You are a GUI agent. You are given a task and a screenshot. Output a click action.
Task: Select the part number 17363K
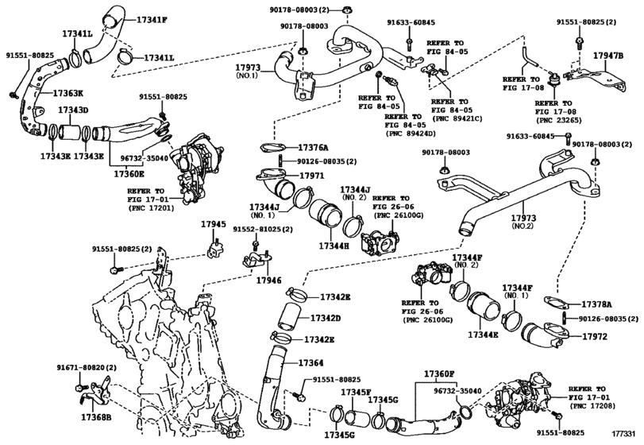67,93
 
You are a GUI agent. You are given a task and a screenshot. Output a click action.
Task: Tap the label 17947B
608,56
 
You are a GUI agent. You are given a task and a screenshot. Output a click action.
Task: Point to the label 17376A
314,147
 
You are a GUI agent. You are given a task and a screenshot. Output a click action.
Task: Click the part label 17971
312,176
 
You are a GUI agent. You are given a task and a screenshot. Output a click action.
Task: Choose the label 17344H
334,246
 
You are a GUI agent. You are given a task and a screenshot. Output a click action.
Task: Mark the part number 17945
214,224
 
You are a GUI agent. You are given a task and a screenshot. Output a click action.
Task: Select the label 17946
269,281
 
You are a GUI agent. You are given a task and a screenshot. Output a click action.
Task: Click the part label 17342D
326,318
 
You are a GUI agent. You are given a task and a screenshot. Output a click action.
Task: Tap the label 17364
311,363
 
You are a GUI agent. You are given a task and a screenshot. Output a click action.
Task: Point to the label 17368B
96,418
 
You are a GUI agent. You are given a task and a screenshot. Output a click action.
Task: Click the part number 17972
595,336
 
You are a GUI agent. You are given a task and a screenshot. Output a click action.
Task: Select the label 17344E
483,335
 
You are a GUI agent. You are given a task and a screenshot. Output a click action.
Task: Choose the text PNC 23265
558,120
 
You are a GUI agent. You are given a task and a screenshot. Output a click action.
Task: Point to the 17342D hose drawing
290,316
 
